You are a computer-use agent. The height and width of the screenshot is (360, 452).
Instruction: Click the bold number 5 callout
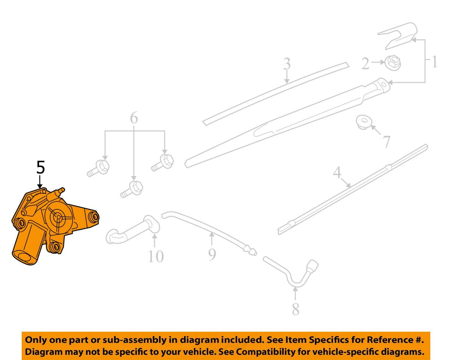click(41, 167)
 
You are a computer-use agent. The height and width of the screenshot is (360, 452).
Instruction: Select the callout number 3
click(287, 64)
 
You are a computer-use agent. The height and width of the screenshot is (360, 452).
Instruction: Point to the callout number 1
click(434, 62)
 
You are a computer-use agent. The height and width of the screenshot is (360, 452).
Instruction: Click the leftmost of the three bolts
click(98, 168)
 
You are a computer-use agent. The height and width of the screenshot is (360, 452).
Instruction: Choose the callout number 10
click(156, 257)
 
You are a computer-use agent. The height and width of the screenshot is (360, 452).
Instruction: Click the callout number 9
click(212, 254)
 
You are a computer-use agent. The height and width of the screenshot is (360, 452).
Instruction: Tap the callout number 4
click(337, 172)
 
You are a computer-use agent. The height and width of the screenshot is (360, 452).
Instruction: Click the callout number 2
click(365, 64)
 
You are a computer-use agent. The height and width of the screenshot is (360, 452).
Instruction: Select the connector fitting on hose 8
click(312, 266)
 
